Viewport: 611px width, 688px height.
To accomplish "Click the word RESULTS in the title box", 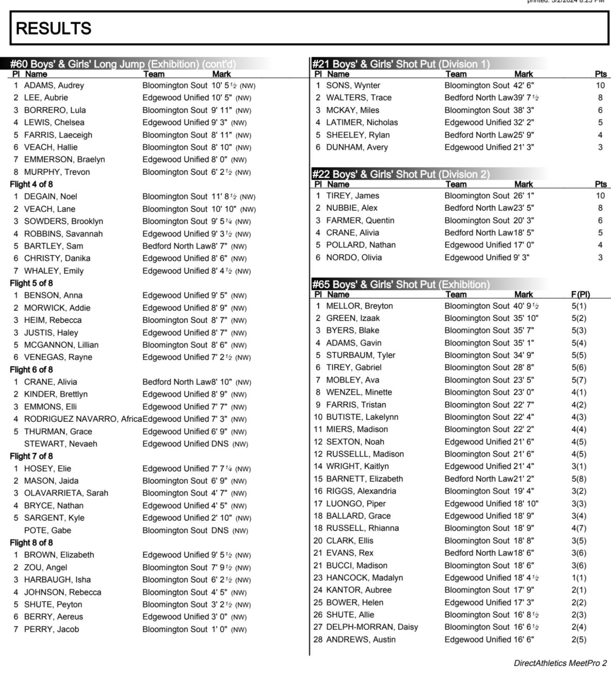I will pyautogui.click(x=53, y=28).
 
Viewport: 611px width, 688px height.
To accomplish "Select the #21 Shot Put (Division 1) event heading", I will pyautogui.click(x=401, y=64).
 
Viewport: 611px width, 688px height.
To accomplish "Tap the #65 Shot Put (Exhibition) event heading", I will pyautogui.click(x=401, y=285).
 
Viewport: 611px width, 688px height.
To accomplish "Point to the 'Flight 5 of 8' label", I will pyautogui.click(x=31, y=283).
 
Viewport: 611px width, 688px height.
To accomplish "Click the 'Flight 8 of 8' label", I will pyautogui.click(x=31, y=543).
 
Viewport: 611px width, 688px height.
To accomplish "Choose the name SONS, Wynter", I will pyautogui.click(x=353, y=85).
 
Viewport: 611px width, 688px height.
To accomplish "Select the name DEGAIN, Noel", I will pyautogui.click(x=50, y=197).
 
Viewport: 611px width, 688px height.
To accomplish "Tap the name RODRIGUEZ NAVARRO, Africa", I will pyautogui.click(x=83, y=419).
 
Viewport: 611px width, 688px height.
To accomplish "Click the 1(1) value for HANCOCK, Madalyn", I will pyautogui.click(x=579, y=578).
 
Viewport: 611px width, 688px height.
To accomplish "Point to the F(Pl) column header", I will pyautogui.click(x=580, y=295).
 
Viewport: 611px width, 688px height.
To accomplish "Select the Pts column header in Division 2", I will pyautogui.click(x=601, y=184).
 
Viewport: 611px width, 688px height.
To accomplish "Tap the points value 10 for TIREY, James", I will pyautogui.click(x=600, y=196).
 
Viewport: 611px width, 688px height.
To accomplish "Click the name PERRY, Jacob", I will pyautogui.click(x=51, y=629).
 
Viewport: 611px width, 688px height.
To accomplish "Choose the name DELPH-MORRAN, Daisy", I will pyautogui.click(x=372, y=627).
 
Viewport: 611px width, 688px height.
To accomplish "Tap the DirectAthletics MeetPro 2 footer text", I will pyautogui.click(x=560, y=663).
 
